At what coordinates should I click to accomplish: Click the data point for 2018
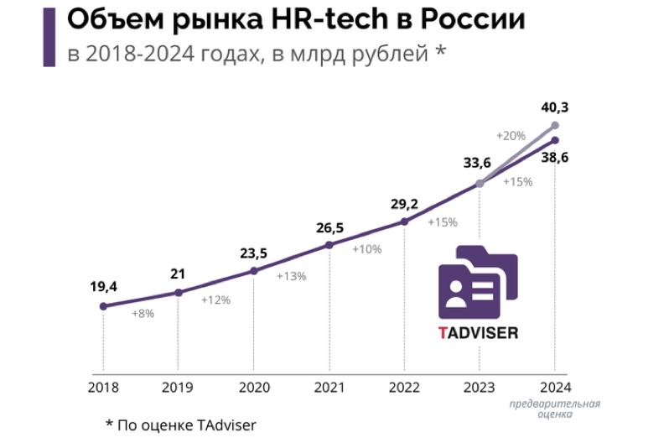(103, 306)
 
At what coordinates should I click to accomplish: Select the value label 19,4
(103, 287)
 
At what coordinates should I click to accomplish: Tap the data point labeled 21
(178, 292)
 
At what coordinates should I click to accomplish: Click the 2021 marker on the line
(329, 245)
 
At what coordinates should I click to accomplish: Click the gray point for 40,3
(555, 125)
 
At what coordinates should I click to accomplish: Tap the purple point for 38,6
(555, 140)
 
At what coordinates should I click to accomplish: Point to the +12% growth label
(215, 299)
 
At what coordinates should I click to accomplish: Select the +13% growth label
(291, 276)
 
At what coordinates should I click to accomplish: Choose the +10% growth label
(366, 249)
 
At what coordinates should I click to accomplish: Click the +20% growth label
(510, 135)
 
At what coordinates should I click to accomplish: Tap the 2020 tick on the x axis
(253, 388)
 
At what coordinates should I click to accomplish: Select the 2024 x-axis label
(555, 388)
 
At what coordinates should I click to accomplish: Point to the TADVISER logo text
(478, 332)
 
